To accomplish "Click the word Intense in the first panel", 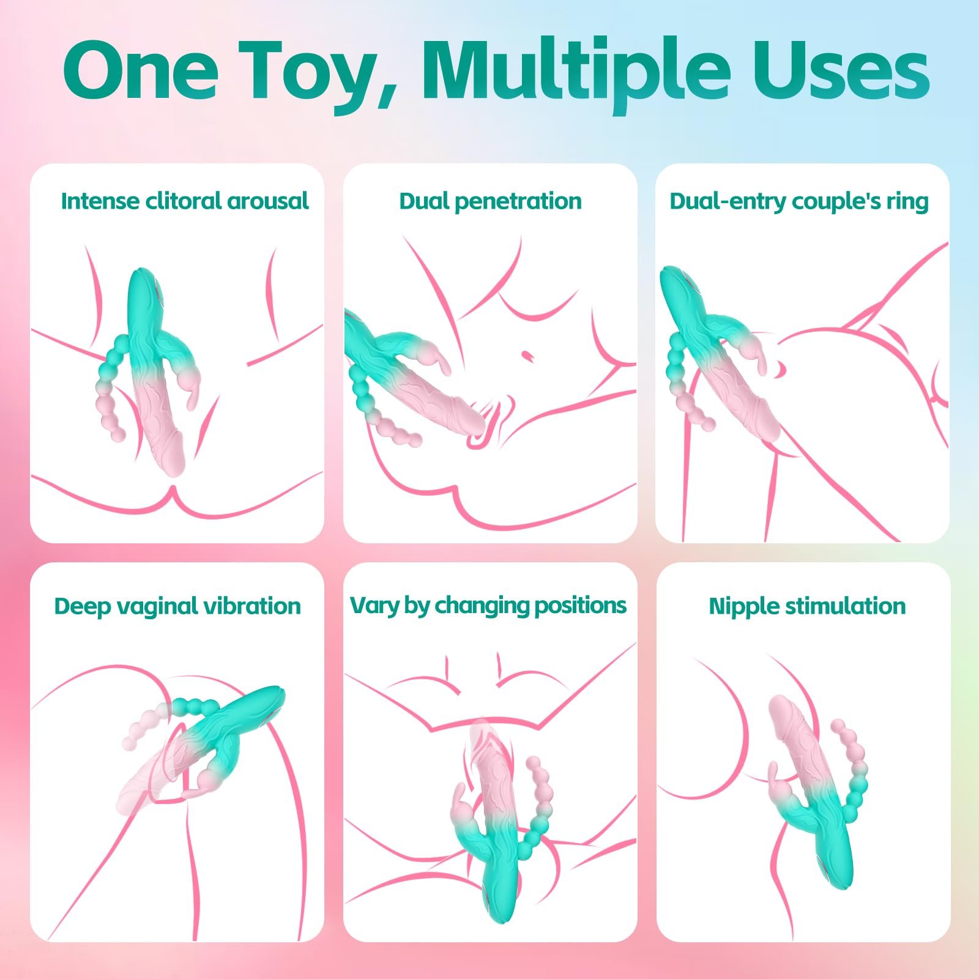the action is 100,201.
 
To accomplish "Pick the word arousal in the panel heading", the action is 268,201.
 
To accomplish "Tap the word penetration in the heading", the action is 520,201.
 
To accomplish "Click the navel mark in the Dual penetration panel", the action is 526,355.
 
